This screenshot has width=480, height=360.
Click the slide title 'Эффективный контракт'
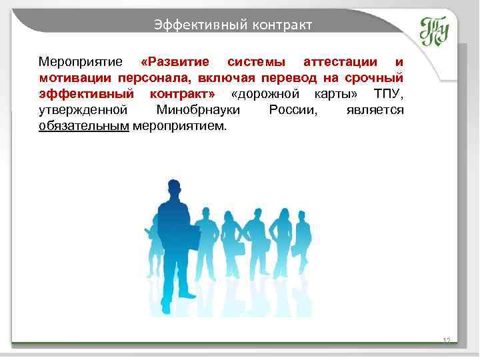[233, 25]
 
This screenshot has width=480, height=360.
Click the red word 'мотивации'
[71, 78]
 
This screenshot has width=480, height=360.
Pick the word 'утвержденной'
[83, 109]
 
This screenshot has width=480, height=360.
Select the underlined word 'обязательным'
[83, 125]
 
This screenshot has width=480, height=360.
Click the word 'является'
[375, 109]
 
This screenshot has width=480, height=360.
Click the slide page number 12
[447, 341]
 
